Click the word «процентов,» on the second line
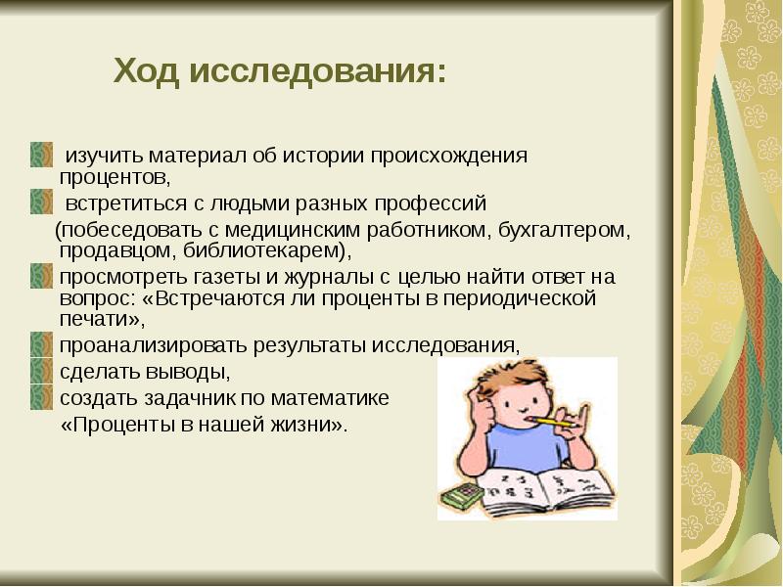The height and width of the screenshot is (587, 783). [115, 178]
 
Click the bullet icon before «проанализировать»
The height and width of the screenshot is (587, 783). [40, 345]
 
